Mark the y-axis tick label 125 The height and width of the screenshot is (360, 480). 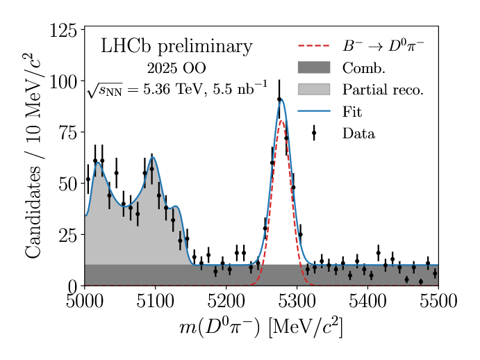click(63, 31)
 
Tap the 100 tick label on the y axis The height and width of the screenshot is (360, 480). click(63, 81)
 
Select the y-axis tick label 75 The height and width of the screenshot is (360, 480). click(67, 133)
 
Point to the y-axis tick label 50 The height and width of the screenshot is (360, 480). click(67, 184)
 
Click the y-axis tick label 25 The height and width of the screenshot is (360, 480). click(67, 235)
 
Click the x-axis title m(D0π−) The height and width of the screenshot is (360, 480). click(260, 327)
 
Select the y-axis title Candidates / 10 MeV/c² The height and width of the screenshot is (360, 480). click(33, 156)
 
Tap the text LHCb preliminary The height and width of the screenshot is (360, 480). click(176, 47)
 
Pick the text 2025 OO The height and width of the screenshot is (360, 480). click(176, 69)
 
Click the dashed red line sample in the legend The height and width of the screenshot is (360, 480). click(313, 47)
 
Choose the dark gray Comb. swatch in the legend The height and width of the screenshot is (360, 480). click(313, 67)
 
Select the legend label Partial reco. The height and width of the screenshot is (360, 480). click(383, 90)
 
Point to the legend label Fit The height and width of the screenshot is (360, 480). click(352, 111)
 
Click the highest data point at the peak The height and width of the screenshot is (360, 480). click(279, 99)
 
